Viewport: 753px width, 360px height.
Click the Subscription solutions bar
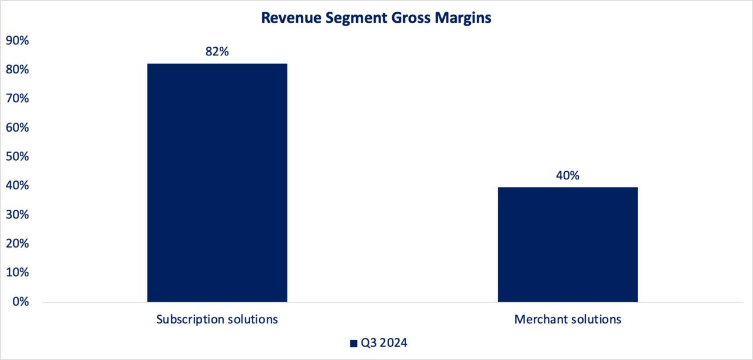tap(217, 182)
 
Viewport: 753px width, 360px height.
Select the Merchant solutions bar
tap(568, 244)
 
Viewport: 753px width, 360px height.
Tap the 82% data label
tap(217, 51)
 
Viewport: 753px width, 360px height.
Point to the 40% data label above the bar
tap(568, 175)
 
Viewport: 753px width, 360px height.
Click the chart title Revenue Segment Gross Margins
tap(376, 18)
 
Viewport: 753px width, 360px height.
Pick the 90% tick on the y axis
tap(17, 41)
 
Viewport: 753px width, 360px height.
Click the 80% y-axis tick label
tap(17, 70)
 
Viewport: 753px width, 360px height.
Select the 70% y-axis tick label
tap(17, 99)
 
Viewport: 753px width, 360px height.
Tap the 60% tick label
tap(17, 128)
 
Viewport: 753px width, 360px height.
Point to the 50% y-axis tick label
tap(17, 157)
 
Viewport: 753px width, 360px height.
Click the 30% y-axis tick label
tap(17, 215)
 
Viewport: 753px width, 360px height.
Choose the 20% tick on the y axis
tap(17, 244)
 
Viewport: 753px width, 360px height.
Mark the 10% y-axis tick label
tap(17, 273)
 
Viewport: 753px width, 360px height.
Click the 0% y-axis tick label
tap(20, 302)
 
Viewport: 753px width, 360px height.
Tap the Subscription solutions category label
tap(217, 320)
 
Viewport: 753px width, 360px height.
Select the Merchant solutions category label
tap(568, 320)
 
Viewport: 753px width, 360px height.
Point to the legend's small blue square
tap(354, 344)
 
